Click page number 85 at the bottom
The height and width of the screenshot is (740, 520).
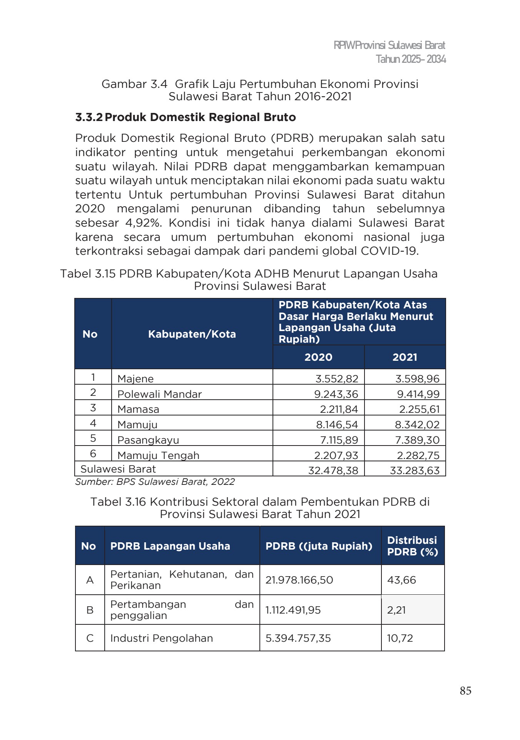click(465, 690)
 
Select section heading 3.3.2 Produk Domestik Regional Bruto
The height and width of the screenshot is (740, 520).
click(186, 117)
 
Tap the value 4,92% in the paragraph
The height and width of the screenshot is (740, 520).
click(144, 223)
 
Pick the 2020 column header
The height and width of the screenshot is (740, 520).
click(318, 357)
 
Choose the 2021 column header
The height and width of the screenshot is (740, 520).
click(405, 357)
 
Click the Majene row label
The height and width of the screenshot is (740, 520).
click(135, 378)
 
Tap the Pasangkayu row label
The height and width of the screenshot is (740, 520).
click(148, 440)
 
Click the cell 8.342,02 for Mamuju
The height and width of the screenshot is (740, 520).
click(417, 425)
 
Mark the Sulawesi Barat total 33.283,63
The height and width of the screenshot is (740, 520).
click(415, 471)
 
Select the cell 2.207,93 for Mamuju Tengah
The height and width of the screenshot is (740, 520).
click(336, 455)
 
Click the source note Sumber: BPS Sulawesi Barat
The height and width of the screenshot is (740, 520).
click(155, 482)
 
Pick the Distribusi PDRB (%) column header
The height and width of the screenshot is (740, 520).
click(412, 546)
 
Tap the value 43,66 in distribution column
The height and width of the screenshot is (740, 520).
click(401, 580)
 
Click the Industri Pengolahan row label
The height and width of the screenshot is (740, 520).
click(161, 638)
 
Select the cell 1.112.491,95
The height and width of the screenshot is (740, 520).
click(293, 610)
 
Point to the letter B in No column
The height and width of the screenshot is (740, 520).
click(90, 610)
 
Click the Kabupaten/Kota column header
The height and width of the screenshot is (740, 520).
click(192, 334)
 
